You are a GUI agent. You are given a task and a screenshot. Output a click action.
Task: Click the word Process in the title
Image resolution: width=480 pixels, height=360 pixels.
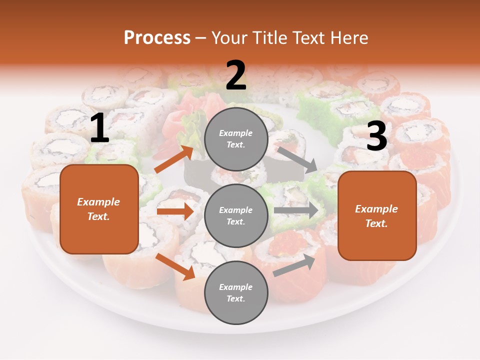point(157,37)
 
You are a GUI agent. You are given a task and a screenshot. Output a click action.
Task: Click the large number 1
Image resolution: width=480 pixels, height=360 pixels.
point(99,128)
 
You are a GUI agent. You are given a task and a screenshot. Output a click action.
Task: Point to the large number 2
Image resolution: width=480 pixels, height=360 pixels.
point(236,76)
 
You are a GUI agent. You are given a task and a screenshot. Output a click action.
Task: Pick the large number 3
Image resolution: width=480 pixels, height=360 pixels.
point(376,136)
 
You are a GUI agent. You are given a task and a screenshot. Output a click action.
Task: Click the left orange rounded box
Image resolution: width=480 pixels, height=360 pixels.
point(99,209)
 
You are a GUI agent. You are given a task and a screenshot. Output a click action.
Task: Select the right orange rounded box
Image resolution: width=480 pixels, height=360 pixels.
point(377,216)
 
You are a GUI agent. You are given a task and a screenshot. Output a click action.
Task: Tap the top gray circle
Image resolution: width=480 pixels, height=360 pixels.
point(236,139)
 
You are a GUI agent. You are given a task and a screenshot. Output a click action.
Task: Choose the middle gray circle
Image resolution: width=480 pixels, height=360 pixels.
point(236,216)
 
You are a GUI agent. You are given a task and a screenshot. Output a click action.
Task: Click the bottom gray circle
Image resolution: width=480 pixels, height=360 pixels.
point(236,293)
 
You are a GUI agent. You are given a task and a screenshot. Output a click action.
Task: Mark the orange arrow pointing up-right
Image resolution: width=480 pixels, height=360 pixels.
point(174,159)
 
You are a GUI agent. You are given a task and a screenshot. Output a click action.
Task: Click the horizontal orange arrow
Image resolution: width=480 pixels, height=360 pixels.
point(174,211)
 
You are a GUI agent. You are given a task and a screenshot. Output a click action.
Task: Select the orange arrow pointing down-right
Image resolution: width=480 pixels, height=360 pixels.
point(175,267)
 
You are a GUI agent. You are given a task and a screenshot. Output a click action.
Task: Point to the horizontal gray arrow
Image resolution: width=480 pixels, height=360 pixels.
point(295,210)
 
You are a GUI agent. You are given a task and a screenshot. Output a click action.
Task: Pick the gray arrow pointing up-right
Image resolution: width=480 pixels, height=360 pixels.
point(294,265)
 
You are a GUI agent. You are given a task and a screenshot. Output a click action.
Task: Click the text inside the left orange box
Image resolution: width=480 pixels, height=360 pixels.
point(99,209)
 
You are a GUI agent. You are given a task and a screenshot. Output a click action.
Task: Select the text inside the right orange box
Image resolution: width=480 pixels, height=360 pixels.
point(376,216)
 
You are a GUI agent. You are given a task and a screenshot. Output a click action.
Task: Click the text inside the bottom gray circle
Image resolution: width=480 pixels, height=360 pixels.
point(236,293)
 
